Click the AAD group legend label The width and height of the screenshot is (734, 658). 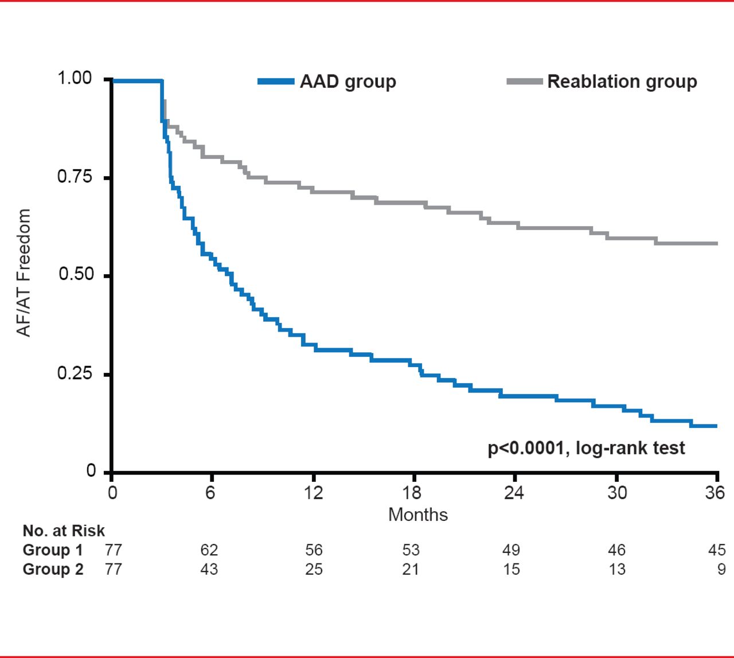[348, 82]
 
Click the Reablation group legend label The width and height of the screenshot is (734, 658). [622, 82]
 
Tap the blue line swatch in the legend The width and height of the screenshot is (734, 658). [276, 81]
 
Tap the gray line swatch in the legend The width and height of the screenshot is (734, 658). [524, 81]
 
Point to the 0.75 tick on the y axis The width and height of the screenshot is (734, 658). [75, 177]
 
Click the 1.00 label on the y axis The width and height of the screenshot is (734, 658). [75, 78]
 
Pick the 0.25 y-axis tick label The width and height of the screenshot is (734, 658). [75, 373]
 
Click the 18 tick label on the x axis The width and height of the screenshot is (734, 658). [412, 493]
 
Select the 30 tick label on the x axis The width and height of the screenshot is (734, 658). [617, 493]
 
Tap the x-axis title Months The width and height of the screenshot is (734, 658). [418, 515]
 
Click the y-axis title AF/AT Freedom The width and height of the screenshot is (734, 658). [24, 272]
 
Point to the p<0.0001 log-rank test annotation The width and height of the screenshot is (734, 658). [586, 448]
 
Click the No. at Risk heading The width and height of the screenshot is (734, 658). [64, 531]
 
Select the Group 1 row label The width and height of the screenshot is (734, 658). [53, 550]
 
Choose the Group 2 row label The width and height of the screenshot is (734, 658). [53, 570]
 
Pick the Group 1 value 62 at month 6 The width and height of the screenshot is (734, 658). [209, 550]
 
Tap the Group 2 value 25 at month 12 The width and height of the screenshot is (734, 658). [314, 570]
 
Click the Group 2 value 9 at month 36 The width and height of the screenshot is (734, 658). [721, 570]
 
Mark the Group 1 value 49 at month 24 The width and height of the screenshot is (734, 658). [511, 550]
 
